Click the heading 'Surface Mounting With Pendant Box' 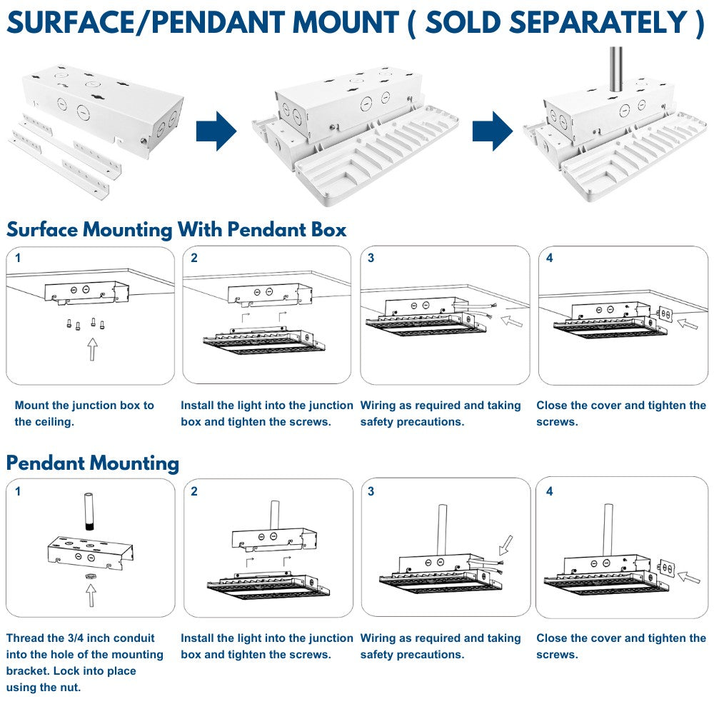(176, 230)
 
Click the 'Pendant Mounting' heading (93, 463)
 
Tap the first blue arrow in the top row (216, 131)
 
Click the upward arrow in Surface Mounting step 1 (92, 349)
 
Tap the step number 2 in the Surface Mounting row (194, 258)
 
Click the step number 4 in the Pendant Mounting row (548, 491)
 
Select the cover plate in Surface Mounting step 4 (665, 315)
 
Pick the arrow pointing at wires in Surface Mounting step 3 (511, 322)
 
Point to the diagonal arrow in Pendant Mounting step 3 (506, 545)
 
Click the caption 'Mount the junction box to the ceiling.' (84, 413)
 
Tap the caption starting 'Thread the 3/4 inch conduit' (84, 663)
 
